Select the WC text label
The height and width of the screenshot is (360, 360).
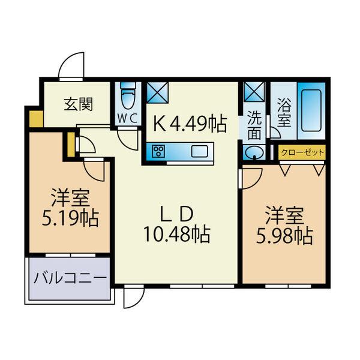[127, 118]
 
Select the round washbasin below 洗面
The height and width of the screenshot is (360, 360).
[254, 152]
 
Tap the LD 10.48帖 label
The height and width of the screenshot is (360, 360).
[176, 224]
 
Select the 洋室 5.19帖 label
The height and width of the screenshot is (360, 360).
[69, 208]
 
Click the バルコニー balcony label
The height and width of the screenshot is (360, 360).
[70, 278]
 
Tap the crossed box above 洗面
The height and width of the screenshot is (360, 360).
[254, 92]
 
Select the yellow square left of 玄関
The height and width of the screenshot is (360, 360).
[36, 118]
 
